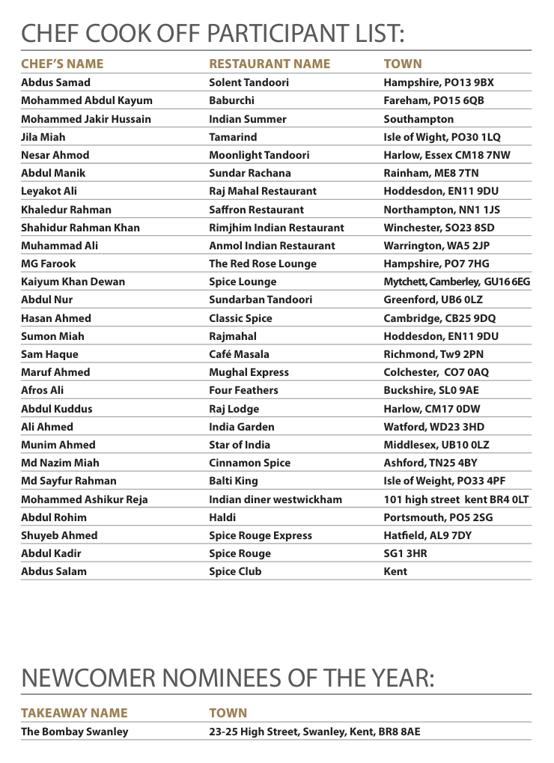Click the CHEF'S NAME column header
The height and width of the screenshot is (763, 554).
pos(62,64)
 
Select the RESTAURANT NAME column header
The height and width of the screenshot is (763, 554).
pos(270,64)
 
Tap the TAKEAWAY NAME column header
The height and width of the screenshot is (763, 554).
pos(74,713)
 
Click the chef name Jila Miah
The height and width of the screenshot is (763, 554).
pos(43,137)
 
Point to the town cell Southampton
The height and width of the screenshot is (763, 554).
pos(418,119)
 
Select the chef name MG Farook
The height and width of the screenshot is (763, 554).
pos(49,264)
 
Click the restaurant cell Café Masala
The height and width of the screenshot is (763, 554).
pos(239,354)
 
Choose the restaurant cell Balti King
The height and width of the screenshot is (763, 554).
pos(234,481)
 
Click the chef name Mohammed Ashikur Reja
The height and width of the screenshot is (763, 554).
pos(85,499)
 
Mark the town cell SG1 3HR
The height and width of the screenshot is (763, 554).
pos(406,553)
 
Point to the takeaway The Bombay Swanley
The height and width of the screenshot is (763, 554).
pos(75,732)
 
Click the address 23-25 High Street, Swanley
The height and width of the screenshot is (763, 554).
pos(314,732)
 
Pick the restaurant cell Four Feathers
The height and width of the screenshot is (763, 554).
pos(243,390)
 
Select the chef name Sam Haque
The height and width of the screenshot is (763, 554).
pos(49,354)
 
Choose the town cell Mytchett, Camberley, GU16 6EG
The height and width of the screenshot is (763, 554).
pos(457,282)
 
